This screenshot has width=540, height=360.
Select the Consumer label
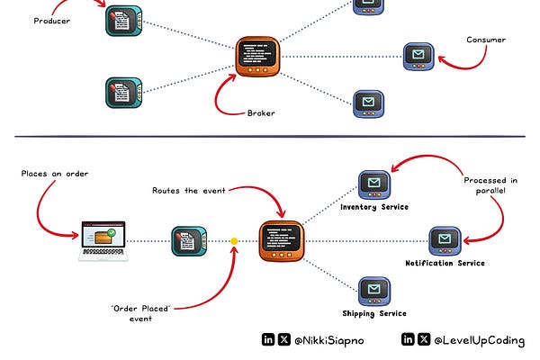point(486,40)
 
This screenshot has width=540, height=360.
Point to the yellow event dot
point(234,241)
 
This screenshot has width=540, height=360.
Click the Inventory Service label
point(373,207)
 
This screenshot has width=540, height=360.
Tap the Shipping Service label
point(373,313)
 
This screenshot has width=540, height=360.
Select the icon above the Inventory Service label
point(373,184)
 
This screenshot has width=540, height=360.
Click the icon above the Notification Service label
point(445,239)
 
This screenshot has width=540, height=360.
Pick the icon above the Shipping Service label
point(373,290)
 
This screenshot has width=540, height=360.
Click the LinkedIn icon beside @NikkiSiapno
point(267,340)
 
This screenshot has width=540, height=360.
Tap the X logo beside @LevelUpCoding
point(423,340)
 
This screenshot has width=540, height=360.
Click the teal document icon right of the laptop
point(185,240)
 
